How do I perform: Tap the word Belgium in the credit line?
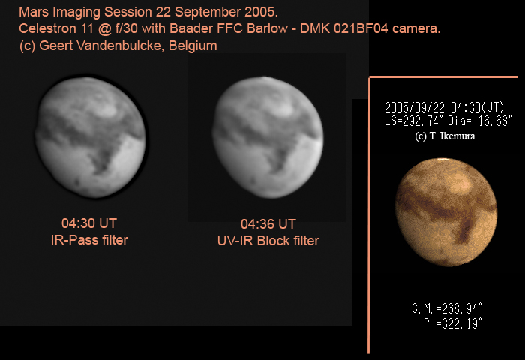pos(193,46)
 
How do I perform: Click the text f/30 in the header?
pos(126,28)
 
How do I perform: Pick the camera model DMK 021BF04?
pos(343,28)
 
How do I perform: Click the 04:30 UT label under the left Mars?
pos(89,223)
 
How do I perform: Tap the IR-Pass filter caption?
pos(89,240)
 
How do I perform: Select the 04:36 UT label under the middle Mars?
pos(268,224)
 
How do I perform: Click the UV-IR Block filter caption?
pos(268,241)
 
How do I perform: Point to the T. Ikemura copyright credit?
pos(445,136)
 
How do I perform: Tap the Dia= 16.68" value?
pos(480,121)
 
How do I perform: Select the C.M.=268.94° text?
pos(447,308)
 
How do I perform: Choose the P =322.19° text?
pos(453,323)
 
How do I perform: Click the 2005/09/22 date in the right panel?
pos(415,108)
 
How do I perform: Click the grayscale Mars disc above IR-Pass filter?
pos(91,137)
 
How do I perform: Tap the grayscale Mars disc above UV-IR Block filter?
pos(268,137)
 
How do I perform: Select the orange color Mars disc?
pos(446,212)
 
